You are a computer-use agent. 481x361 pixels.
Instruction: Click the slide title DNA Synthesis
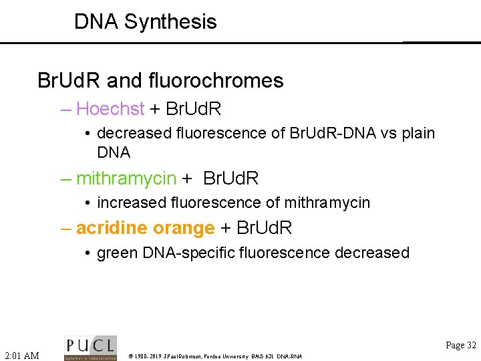pos(145,21)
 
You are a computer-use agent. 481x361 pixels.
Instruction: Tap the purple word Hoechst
pos(110,108)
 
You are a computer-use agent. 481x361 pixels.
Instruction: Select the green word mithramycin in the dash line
pos(126,178)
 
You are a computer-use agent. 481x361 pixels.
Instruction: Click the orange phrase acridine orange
pos(145,228)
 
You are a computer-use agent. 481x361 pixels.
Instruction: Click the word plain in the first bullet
pos(416,133)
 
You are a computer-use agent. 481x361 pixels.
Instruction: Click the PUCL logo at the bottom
pos(90,348)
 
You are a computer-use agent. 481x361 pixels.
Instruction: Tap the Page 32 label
pos(461,345)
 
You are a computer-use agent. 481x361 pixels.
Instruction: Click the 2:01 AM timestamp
pos(22,355)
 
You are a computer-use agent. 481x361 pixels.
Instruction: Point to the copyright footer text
pos(215,356)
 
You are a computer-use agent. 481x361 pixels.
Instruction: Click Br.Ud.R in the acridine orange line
pos(265,228)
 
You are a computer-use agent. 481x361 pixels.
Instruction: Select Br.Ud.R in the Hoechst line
pos(193,108)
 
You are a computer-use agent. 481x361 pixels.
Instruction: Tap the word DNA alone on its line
pos(114,152)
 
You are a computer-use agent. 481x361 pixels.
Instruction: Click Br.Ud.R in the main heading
pos(67,81)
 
